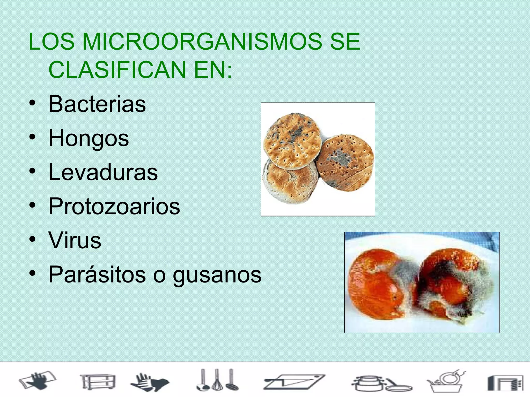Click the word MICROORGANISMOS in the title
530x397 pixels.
(202, 42)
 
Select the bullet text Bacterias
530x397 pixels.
(97, 104)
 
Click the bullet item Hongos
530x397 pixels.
(89, 139)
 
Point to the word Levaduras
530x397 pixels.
(103, 172)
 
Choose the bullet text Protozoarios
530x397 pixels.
(114, 206)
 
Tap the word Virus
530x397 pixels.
(75, 240)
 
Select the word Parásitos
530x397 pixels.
(97, 274)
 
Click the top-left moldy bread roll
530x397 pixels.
(292, 141)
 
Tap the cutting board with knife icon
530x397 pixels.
(294, 382)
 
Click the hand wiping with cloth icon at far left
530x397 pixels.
(38, 380)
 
